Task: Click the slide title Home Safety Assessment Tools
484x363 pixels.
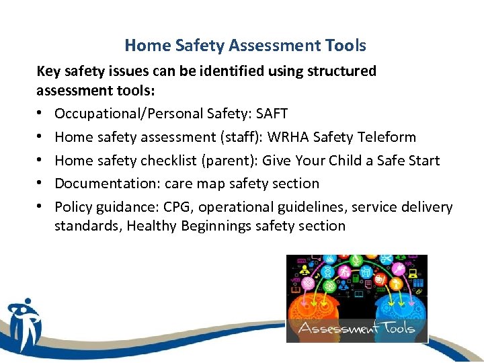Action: [245, 46]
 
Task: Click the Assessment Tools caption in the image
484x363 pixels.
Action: [356, 329]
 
